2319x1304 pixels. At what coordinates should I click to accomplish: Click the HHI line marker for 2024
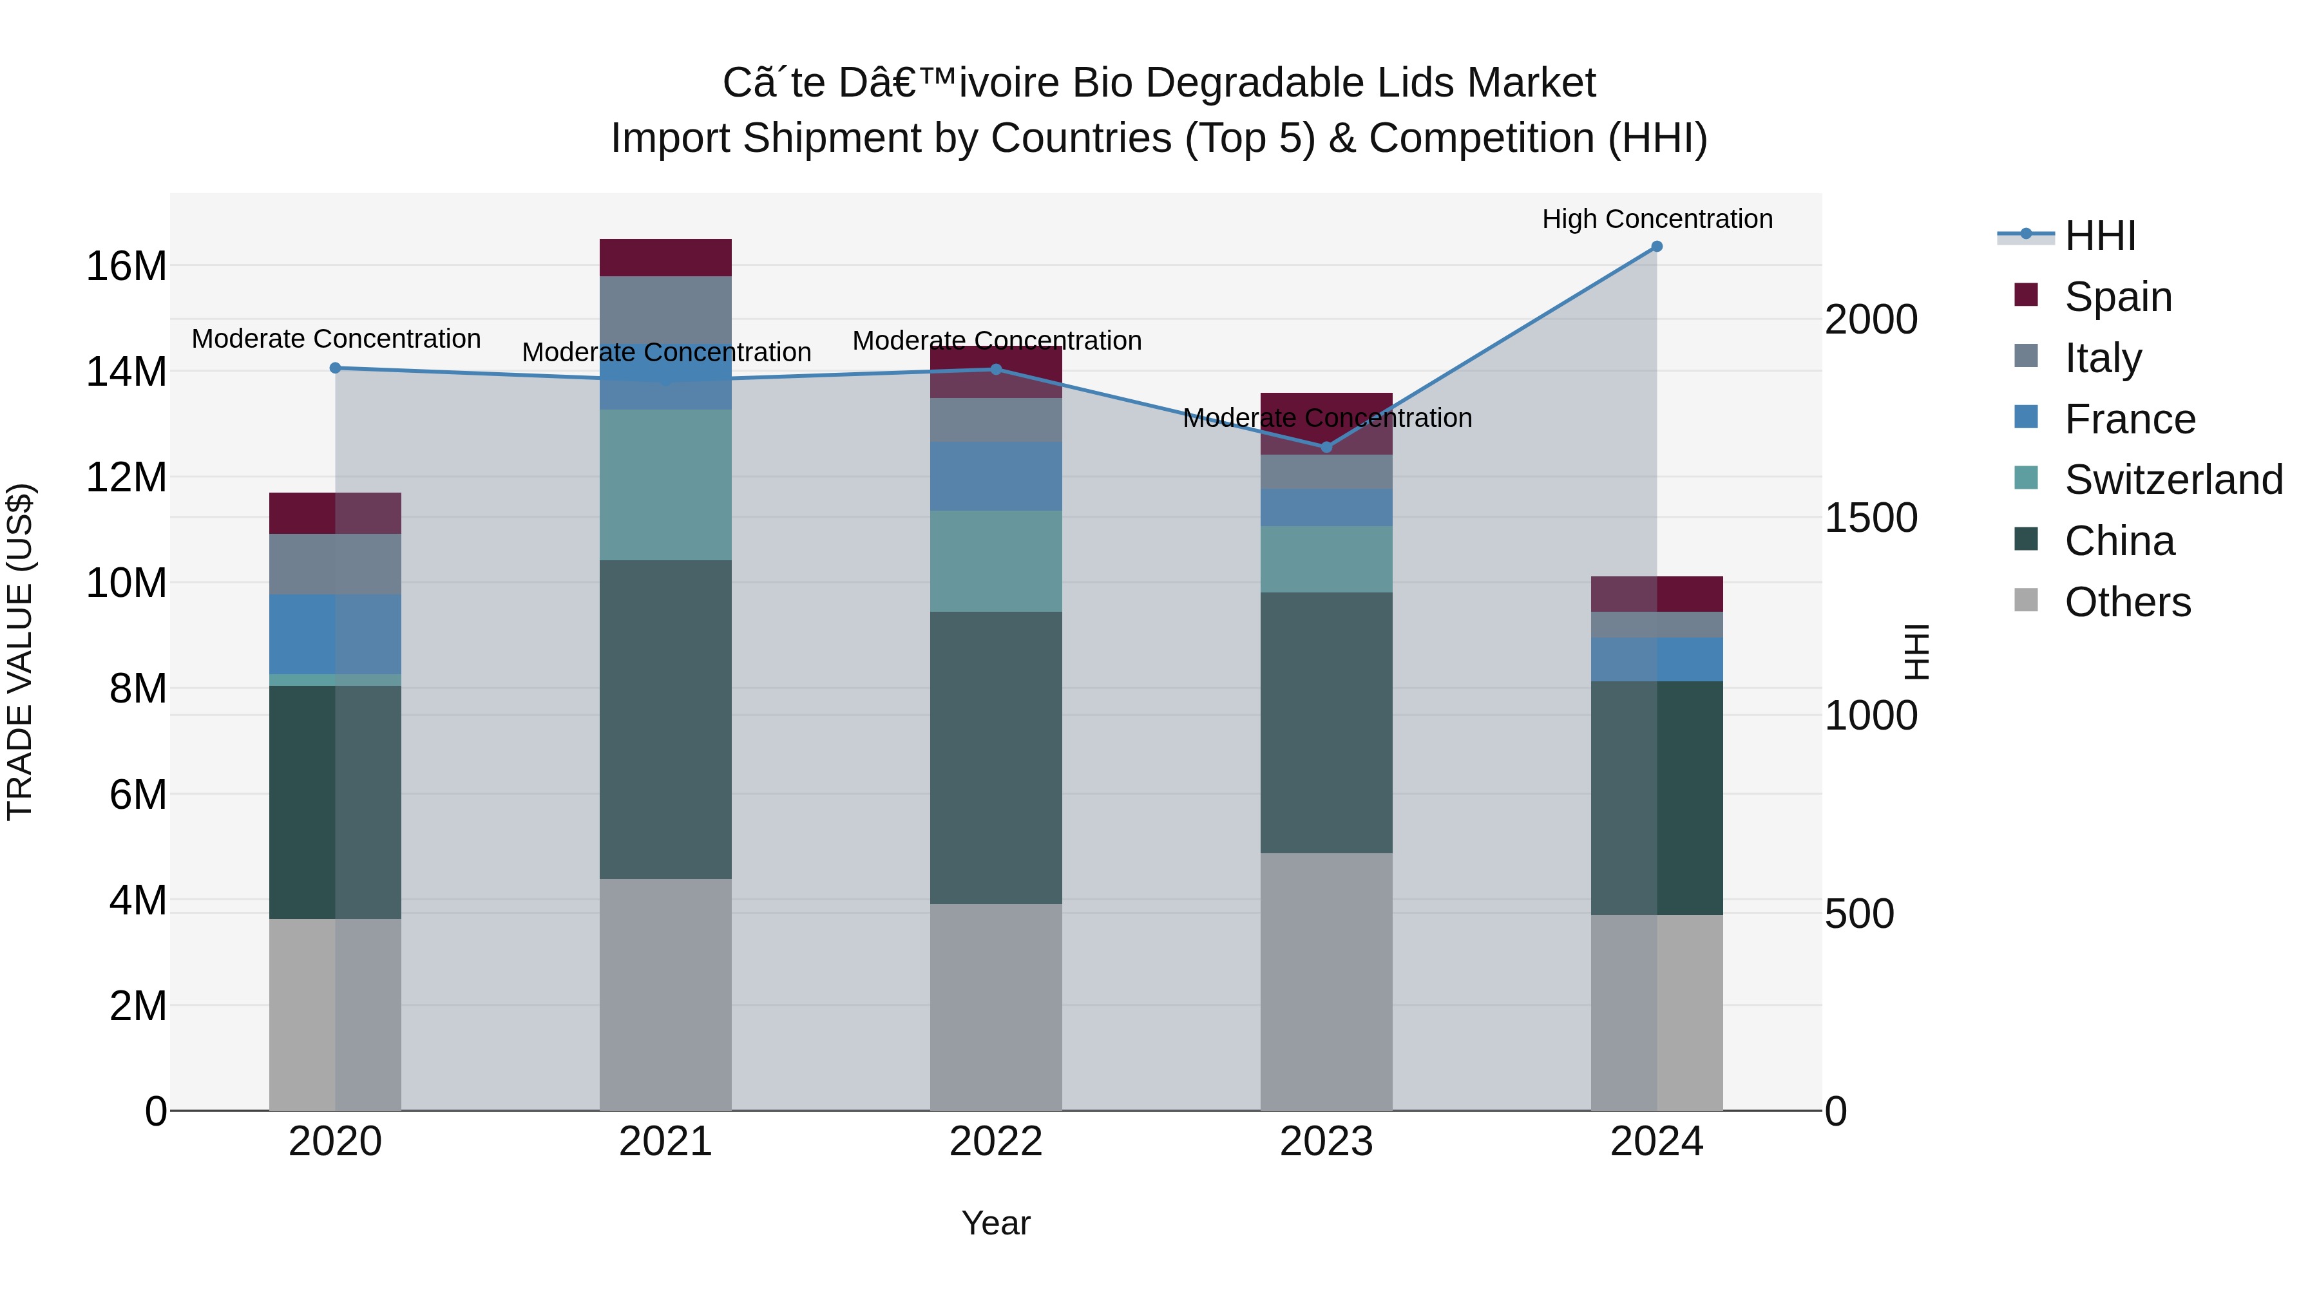coord(1656,247)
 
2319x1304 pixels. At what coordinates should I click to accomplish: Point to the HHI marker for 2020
coord(335,368)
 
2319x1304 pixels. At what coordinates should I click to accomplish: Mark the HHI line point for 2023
coord(1326,448)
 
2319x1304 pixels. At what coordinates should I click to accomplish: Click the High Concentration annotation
coord(1656,219)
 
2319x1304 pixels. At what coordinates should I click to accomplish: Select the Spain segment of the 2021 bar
coord(665,258)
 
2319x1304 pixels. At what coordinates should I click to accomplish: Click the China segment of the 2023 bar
coord(1326,722)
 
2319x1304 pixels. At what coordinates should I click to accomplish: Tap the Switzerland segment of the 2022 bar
coord(996,561)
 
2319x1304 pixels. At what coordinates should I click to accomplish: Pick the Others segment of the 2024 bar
coord(1656,1012)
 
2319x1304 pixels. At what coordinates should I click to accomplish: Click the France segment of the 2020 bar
coord(335,634)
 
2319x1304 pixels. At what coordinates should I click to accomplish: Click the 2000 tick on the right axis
coord(1871,319)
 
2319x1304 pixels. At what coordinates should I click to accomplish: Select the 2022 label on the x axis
coord(996,1142)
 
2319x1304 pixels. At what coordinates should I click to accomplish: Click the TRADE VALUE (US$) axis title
coord(21,652)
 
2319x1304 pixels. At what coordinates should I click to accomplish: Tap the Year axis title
coord(996,1223)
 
